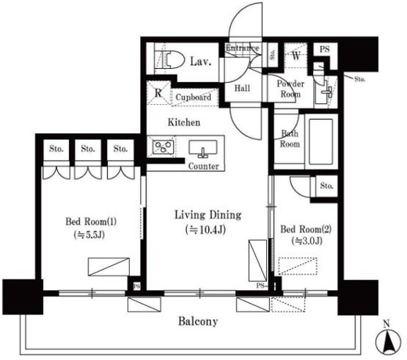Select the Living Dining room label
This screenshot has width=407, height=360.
tap(208, 215)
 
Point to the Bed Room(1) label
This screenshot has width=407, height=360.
tap(91, 221)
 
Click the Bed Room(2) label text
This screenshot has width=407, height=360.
tap(306, 229)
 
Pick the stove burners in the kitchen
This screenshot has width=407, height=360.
tap(163, 147)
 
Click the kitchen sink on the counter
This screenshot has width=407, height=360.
tap(203, 149)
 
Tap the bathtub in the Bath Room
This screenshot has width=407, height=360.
tap(321, 141)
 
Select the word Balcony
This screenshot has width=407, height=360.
tap(198, 322)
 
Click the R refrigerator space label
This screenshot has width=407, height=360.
tap(158, 92)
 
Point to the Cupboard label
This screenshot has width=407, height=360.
tap(193, 97)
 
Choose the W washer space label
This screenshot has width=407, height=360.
tap(296, 56)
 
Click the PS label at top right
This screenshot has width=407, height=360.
tap(325, 49)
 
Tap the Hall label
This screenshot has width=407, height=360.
tap(243, 88)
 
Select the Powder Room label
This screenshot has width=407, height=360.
tap(290, 88)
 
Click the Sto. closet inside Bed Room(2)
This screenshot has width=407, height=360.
tap(326, 186)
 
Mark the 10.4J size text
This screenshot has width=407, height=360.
tap(205, 230)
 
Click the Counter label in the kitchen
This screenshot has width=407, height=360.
tap(203, 167)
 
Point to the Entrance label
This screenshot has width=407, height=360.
tap(243, 48)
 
